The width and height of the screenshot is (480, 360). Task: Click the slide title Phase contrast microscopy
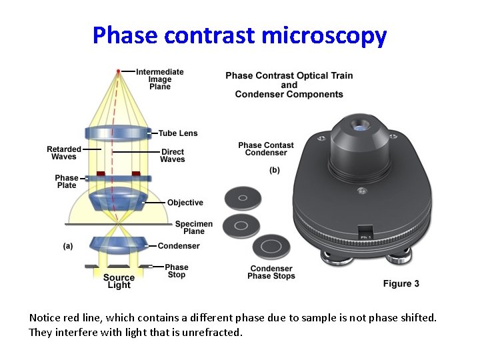239,35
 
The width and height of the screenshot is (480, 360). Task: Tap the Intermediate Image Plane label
160,79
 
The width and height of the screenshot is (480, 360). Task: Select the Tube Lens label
178,133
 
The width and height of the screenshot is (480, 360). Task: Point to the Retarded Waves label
64,153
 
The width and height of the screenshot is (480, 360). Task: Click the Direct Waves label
173,155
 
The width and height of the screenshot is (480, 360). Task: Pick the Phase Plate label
67,181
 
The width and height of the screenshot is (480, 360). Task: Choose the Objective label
185,203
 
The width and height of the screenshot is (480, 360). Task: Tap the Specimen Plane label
194,227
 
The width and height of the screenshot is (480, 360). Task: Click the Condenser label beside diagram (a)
179,246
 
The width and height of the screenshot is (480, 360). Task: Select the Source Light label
119,281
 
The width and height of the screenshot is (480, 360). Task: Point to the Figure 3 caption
401,284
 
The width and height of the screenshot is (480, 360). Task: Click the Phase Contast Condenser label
266,149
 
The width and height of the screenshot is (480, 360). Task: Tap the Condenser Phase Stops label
271,272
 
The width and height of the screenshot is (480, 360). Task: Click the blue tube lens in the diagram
119,134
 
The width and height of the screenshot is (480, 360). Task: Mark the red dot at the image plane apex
119,71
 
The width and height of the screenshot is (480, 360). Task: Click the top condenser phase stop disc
243,198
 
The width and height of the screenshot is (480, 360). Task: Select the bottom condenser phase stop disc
272,247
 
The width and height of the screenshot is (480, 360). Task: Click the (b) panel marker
275,171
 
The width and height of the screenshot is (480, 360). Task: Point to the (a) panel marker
68,246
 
